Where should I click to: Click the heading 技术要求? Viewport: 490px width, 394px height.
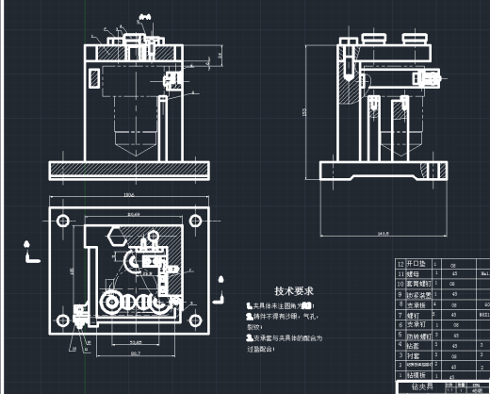(293, 291)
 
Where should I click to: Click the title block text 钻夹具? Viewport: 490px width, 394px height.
(417, 386)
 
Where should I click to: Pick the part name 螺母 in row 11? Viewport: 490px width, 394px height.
(412, 276)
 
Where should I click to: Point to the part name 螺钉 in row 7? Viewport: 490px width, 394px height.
(412, 316)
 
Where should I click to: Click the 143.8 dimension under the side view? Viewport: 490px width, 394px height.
(384, 232)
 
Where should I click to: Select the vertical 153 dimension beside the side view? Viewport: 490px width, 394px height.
(304, 112)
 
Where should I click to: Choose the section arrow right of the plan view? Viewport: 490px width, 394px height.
(220, 281)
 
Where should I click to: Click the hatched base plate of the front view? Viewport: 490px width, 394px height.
(129, 170)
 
